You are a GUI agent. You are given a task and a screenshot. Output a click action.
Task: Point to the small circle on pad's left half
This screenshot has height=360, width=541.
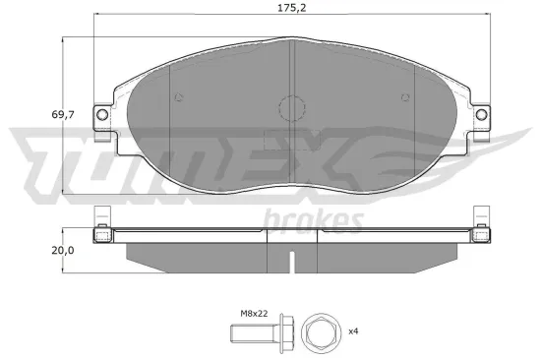coord(177,97)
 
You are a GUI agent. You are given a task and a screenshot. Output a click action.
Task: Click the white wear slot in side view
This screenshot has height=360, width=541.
coord(294,263)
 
